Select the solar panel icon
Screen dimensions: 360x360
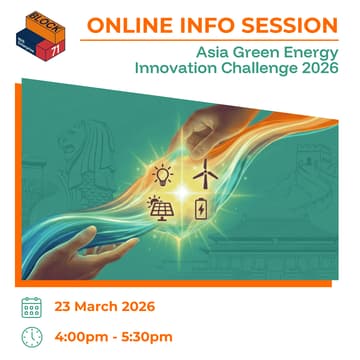coord(160,208)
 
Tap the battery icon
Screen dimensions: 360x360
coord(202,208)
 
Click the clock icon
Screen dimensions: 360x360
coord(31,337)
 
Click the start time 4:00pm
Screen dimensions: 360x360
coord(84,337)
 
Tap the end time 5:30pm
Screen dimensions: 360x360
coord(149,337)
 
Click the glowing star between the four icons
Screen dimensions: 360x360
coord(182,191)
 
